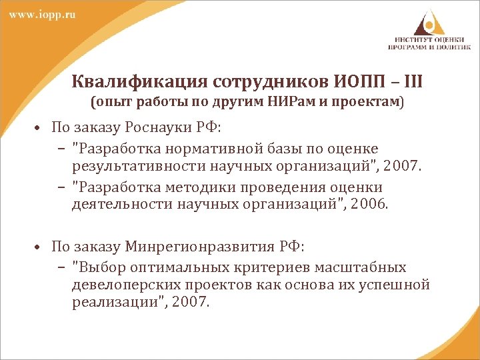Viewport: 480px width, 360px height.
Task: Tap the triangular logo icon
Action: tap(427, 21)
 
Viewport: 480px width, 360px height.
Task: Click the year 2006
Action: tap(372, 203)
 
